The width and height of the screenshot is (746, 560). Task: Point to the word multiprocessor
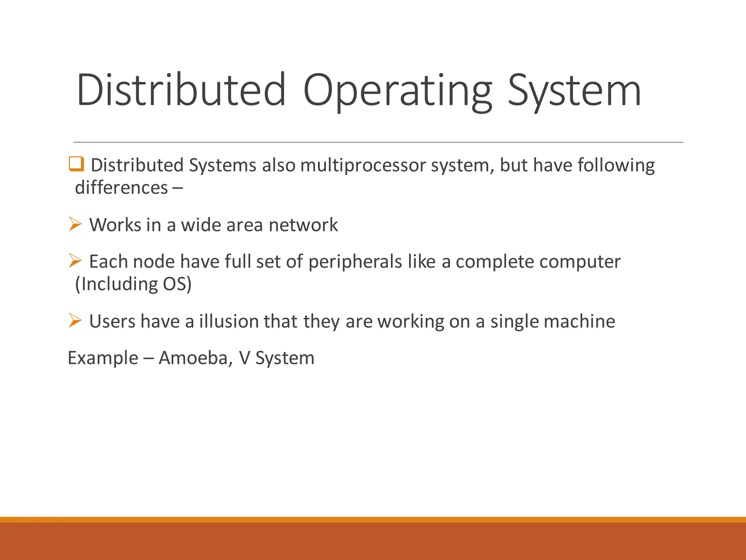tap(363, 165)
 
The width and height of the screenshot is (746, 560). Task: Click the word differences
tap(121, 188)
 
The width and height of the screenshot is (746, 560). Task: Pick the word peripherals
tap(355, 262)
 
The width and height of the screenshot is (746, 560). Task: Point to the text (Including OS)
tap(133, 284)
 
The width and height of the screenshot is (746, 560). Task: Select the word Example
tap(103, 358)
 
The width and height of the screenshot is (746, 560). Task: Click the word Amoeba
tap(196, 358)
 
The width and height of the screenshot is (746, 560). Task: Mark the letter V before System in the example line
tap(244, 358)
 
